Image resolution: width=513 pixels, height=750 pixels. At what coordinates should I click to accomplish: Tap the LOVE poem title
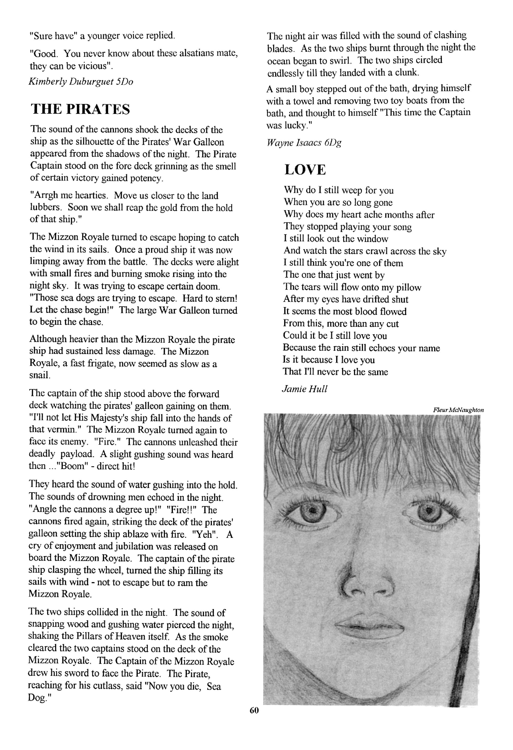[305, 170]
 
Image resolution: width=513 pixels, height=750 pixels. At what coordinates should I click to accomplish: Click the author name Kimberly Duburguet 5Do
[81, 82]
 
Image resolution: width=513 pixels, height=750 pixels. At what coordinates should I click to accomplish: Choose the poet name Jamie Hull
[304, 389]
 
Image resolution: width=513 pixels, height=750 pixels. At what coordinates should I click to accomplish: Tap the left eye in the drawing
[310, 512]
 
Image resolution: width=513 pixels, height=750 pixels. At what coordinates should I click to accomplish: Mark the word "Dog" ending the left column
[37, 699]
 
